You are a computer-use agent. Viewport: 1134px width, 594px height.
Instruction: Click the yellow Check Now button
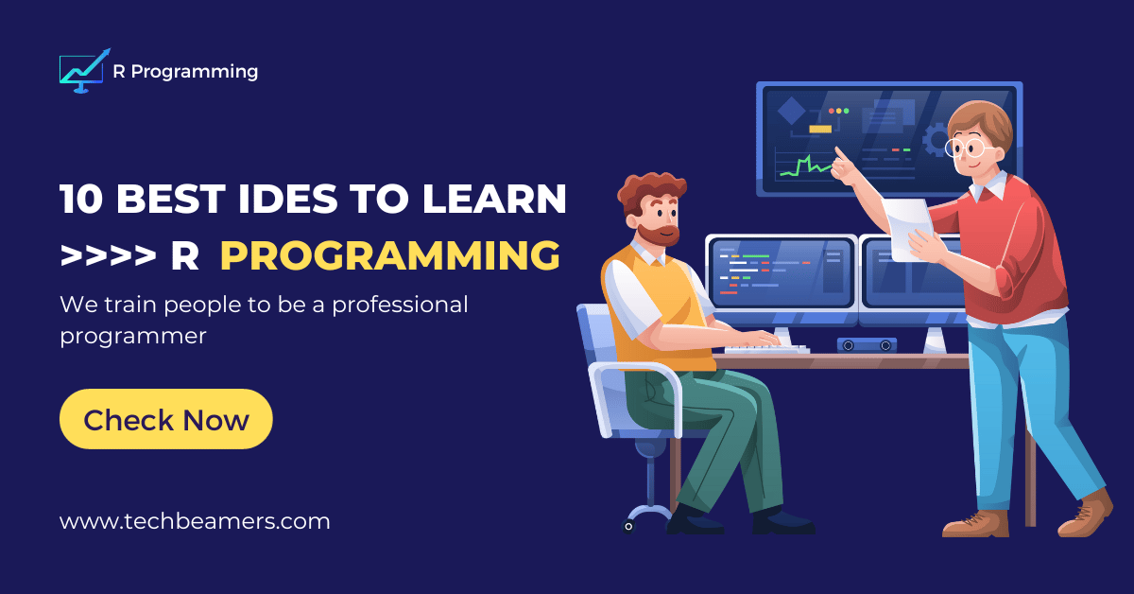[x=165, y=419]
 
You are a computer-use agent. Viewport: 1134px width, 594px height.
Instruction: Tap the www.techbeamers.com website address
[x=195, y=521]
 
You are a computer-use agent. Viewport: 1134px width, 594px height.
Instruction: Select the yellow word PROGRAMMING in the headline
[x=389, y=255]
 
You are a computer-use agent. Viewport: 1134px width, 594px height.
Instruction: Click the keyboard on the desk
[x=766, y=347]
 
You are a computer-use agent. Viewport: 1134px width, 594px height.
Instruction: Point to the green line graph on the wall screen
[x=803, y=167]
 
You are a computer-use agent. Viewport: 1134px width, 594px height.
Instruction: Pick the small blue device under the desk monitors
[x=866, y=344]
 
